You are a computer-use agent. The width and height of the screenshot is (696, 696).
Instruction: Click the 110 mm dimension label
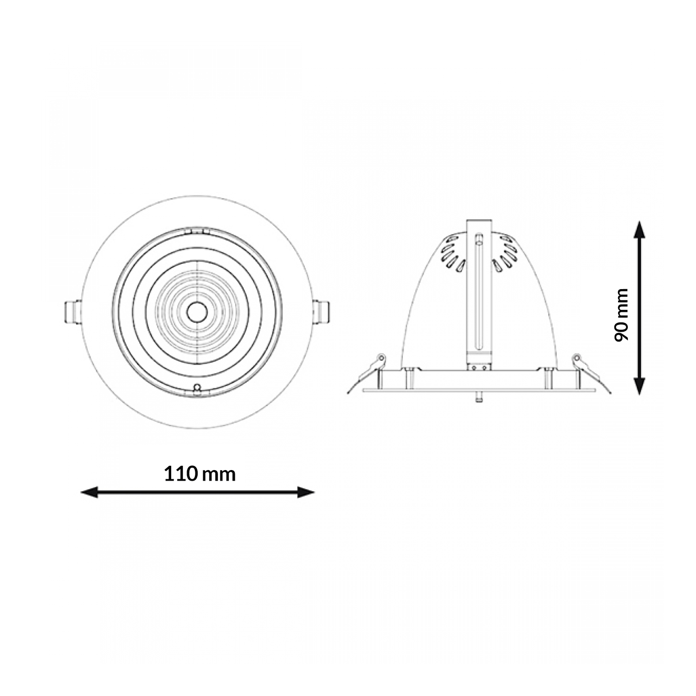(x=200, y=474)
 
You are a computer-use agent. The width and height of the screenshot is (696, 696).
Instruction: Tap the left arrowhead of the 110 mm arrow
(x=89, y=492)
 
